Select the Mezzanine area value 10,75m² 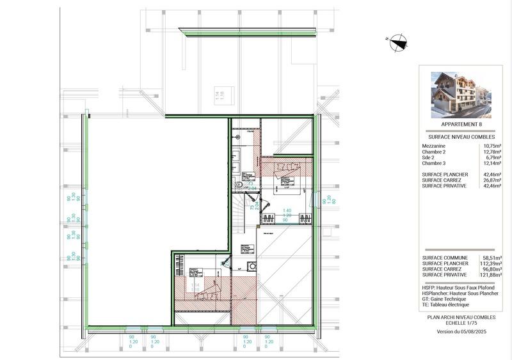[x=493, y=146]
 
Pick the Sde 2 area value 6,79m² [x=494, y=157]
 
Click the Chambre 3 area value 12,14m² [x=493, y=163]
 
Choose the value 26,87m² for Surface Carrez [x=493, y=180]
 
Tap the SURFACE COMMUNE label [x=445, y=257]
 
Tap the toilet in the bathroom [x=238, y=185]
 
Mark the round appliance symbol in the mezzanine [x=252, y=267]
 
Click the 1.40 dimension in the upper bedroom [x=287, y=210]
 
